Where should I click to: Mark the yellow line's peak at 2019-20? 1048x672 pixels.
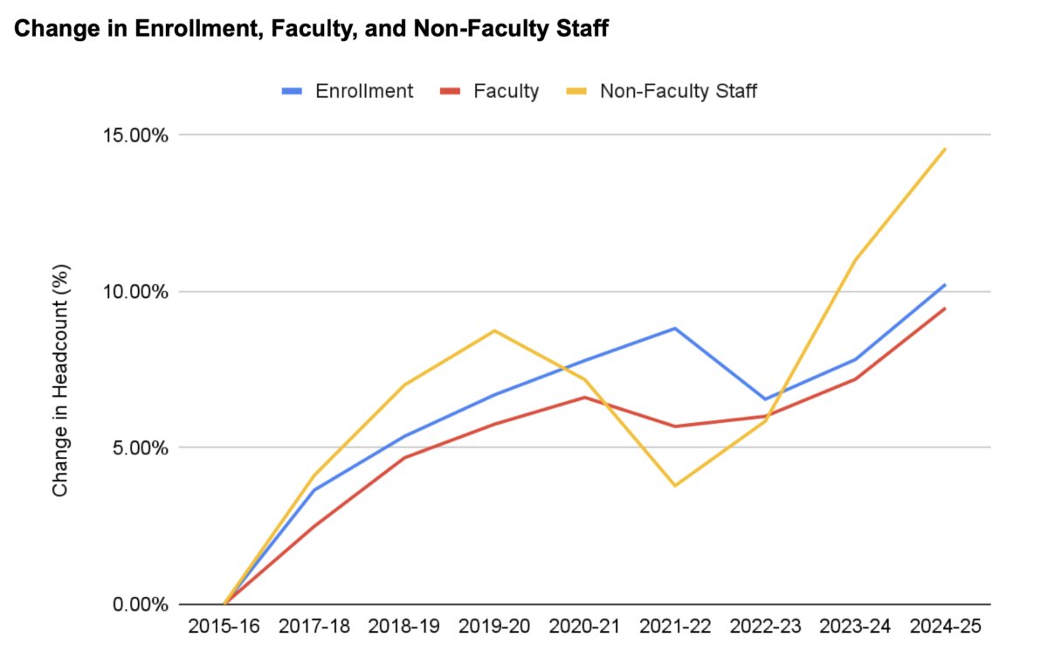pos(495,330)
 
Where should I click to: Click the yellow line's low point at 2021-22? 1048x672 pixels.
pos(675,486)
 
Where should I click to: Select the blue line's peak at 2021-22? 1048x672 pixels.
pos(675,329)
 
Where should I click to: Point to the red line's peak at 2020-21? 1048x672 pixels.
pos(585,397)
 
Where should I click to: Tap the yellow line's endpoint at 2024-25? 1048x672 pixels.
pos(945,149)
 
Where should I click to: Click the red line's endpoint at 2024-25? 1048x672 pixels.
pos(945,308)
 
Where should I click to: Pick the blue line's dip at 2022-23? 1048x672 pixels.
pos(765,399)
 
